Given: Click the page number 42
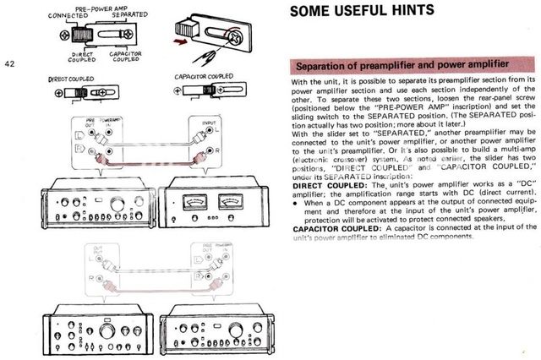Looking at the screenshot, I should click(x=9, y=63).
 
